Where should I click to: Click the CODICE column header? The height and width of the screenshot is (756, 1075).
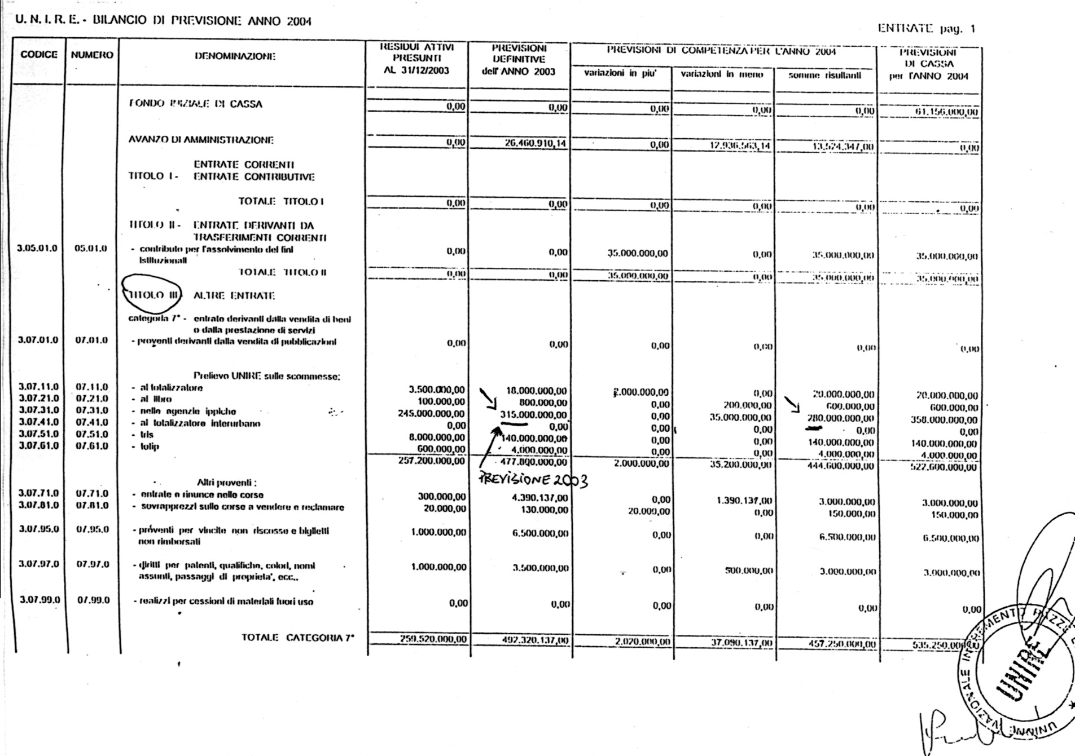tap(39, 55)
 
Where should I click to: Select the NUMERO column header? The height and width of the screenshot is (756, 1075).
tap(92, 55)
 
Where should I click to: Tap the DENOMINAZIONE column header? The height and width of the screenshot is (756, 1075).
tap(235, 56)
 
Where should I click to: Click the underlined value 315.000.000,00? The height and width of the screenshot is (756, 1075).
tap(533, 415)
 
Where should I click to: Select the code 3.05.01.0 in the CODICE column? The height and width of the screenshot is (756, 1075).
tap(37, 249)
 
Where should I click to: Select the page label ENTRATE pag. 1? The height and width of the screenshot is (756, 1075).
tap(926, 29)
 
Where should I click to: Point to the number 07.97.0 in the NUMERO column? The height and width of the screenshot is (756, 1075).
tap(93, 564)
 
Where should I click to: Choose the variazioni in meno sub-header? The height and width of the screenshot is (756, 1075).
tap(722, 74)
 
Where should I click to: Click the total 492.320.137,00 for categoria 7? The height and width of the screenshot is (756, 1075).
tap(535, 640)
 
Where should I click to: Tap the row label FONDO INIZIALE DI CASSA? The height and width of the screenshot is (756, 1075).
tap(196, 104)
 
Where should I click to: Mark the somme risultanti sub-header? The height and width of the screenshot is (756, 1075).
tap(824, 75)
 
